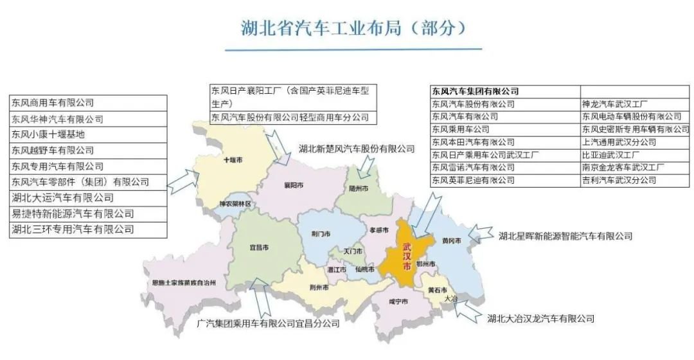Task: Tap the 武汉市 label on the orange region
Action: (407, 257)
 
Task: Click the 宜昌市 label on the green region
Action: (259, 247)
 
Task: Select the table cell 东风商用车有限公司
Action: (53, 103)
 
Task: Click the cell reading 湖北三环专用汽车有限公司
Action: (73, 230)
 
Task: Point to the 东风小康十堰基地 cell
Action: (48, 134)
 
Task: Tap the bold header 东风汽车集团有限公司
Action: (475, 91)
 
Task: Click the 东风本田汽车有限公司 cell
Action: (473, 142)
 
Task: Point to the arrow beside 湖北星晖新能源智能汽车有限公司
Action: (481, 232)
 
